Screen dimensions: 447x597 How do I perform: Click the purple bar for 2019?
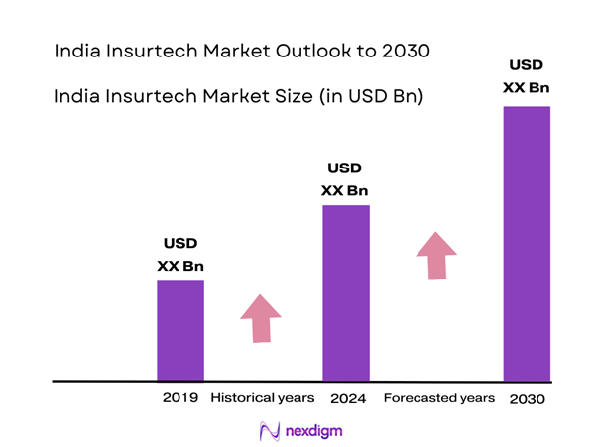coord(180,330)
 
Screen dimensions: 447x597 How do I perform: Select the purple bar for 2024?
coord(346,292)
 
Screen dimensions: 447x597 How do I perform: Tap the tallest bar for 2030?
coord(527,243)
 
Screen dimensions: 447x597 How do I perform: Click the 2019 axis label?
coord(180,398)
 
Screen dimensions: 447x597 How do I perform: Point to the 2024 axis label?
coord(346,398)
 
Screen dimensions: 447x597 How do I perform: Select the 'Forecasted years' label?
coord(438,398)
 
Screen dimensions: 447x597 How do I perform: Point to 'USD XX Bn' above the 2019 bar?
coord(180,255)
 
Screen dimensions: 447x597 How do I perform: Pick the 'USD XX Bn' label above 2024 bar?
coord(346,178)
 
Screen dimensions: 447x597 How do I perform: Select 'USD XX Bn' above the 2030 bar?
coord(527,77)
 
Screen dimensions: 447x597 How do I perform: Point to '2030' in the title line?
coord(404,49)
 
